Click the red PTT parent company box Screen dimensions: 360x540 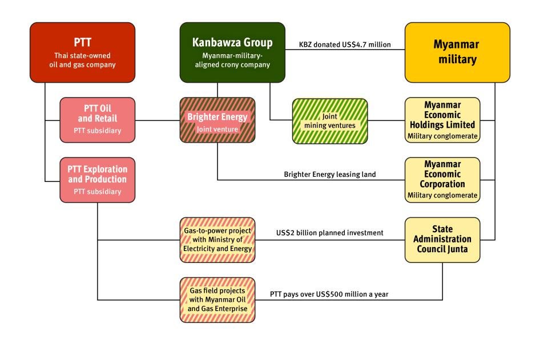pos(82,52)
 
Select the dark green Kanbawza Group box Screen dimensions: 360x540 pos(232,52)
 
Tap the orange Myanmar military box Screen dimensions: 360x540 pos(457,52)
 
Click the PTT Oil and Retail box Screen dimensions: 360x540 pos(98,120)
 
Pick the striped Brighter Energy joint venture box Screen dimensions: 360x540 pos(217,120)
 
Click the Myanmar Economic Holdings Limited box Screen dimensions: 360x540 pos(442,120)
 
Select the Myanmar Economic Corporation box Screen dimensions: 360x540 pos(442,180)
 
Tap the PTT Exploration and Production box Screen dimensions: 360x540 pos(98,180)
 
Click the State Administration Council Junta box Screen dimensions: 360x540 pos(442,240)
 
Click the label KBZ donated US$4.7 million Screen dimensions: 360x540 pos(345,44)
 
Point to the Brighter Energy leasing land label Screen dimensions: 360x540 pos(329,174)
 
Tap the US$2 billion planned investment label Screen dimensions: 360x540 pos(329,233)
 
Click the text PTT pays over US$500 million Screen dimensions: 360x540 pos(329,293)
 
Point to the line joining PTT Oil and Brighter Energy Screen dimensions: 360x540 pos(157,120)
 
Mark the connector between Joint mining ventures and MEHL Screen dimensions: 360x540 pos(386,120)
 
